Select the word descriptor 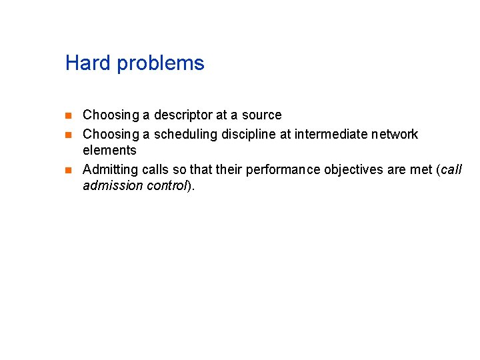click(181, 115)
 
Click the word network click(396, 134)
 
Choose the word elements click(109, 150)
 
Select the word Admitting click(109, 170)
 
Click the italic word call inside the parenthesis click(451, 169)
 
